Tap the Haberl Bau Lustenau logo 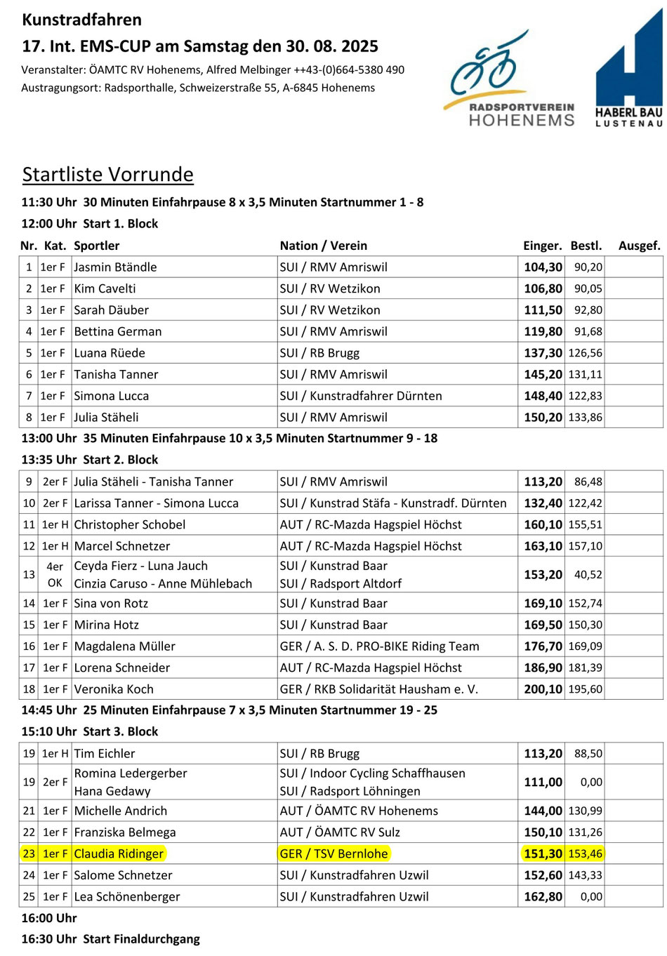point(629,69)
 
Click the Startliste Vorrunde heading point(107,174)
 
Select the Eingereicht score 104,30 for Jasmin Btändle point(543,267)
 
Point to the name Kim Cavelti point(105,288)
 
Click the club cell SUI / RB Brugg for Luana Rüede point(319,353)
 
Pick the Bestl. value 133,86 point(586,417)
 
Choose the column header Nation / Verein point(324,246)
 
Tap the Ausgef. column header point(639,246)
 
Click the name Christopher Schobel point(130,524)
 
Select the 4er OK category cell point(55,574)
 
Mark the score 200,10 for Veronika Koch point(543,689)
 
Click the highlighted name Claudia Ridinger point(119,854)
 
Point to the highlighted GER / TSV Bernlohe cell point(333,854)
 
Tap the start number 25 point(29,896)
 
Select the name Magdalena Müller point(124,646)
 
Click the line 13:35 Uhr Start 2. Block point(90,460)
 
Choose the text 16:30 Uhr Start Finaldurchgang point(110,939)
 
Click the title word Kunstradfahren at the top point(81,20)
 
